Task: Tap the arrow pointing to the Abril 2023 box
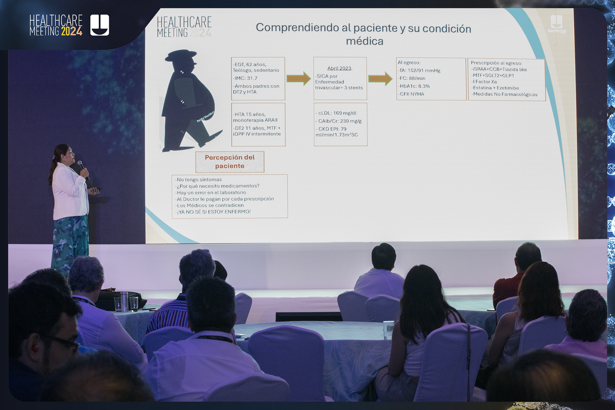pyautogui.click(x=299, y=78)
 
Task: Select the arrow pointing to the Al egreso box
pyautogui.click(x=380, y=78)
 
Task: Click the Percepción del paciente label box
pyautogui.click(x=230, y=162)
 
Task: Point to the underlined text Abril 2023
pyautogui.click(x=339, y=68)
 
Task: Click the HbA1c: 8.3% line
pyautogui.click(x=414, y=86)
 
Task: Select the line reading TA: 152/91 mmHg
pyautogui.click(x=419, y=70)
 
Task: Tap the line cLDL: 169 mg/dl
pyautogui.click(x=336, y=113)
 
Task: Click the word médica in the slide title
pyautogui.click(x=364, y=41)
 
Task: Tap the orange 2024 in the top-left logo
pyautogui.click(x=72, y=31)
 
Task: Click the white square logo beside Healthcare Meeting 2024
pyautogui.click(x=100, y=25)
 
